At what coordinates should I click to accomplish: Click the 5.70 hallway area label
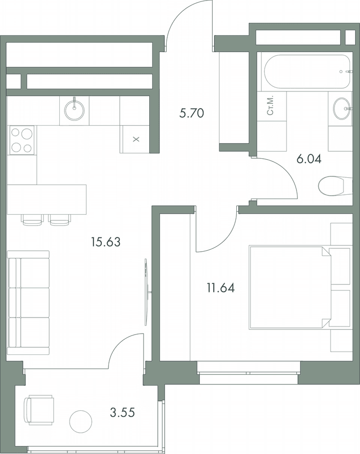191,113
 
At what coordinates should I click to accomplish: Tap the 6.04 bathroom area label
309,159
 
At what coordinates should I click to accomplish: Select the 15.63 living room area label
106,242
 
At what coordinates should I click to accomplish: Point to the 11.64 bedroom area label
221,288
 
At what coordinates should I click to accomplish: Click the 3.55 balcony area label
122,412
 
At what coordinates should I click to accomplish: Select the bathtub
306,72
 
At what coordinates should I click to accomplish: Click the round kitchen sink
74,110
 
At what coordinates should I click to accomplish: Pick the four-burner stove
22,140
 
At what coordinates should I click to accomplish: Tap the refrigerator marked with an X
136,139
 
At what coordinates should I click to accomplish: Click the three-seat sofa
28,303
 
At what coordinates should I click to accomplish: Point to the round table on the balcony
81,422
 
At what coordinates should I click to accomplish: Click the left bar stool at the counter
32,220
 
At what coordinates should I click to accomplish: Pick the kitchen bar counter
47,200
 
